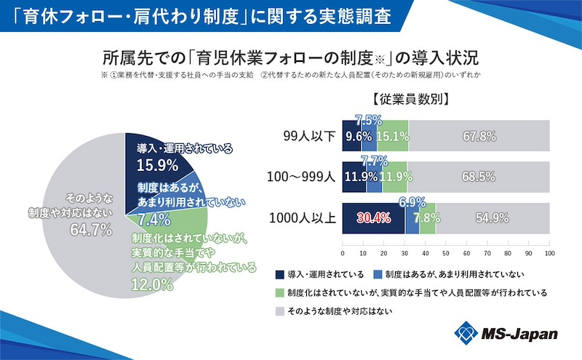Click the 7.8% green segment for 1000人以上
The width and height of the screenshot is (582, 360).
(428, 217)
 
